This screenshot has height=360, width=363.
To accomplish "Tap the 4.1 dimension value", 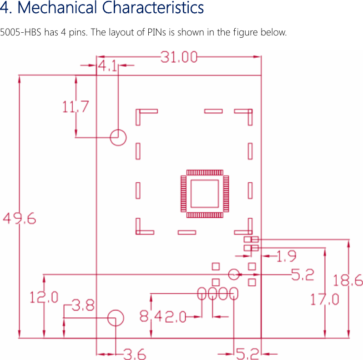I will [x=107, y=66].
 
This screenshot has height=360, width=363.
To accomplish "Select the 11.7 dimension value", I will [x=76, y=107].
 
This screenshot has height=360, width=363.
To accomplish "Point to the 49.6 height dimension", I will [x=20, y=219].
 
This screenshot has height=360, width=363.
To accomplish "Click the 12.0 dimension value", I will [x=44, y=298].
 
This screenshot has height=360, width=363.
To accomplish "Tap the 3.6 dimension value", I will [x=135, y=353].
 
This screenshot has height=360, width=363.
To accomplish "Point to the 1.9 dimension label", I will [x=287, y=256].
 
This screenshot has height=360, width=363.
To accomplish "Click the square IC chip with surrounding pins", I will [x=204, y=193].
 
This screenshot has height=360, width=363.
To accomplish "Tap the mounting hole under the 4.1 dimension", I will [x=118, y=137].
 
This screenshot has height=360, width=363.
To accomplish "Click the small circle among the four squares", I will [x=234, y=274].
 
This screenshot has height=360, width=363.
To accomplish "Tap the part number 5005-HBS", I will [x=21, y=33].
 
